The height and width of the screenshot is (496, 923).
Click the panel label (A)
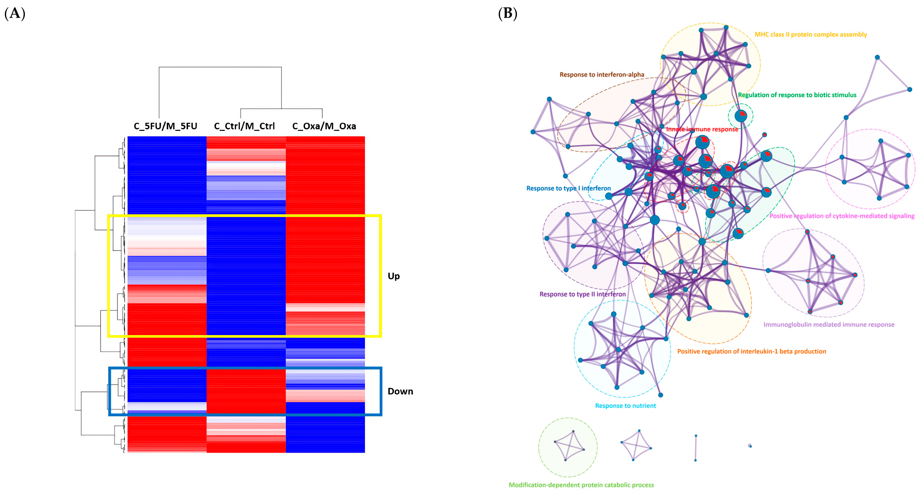pos(15,14)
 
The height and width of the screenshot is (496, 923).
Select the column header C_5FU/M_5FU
pos(165,126)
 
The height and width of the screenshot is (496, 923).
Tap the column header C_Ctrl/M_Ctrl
pos(244,126)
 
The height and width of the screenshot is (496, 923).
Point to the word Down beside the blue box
pos(400,391)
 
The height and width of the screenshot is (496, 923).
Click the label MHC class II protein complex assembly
pos(811,34)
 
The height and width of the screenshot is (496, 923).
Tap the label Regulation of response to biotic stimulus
pos(797,95)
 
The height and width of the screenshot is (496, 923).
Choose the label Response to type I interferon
pos(568,188)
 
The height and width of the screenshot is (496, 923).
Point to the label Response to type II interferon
pos(583,294)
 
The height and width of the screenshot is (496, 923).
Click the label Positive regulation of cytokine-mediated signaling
pos(842,216)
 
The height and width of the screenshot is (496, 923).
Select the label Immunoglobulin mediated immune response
pos(829,324)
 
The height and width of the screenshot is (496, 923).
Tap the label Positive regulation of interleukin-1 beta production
pos(751,351)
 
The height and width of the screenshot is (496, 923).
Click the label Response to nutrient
pos(625,406)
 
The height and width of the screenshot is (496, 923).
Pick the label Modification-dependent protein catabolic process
pos(581,485)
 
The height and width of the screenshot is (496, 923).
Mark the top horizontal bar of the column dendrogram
pos(220,67)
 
